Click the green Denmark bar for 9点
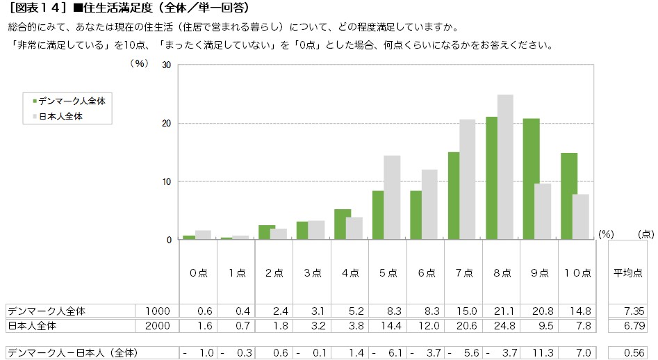click(532, 179)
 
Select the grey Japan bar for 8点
click(505, 167)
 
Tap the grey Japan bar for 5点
click(392, 197)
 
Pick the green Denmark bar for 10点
click(569, 197)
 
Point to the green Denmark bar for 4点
click(343, 224)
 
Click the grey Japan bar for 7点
click(468, 179)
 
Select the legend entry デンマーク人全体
click(69, 101)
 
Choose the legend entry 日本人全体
click(58, 117)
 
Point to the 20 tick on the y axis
click(167, 123)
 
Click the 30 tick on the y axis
click(167, 65)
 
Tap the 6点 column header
click(427, 273)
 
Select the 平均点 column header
click(628, 273)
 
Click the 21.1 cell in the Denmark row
click(504, 311)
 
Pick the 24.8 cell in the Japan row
click(504, 325)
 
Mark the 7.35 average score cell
click(634, 311)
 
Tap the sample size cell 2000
click(157, 325)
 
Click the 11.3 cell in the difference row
click(543, 353)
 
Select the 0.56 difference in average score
click(634, 353)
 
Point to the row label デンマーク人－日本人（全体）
click(72, 353)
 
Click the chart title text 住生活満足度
click(118, 8)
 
